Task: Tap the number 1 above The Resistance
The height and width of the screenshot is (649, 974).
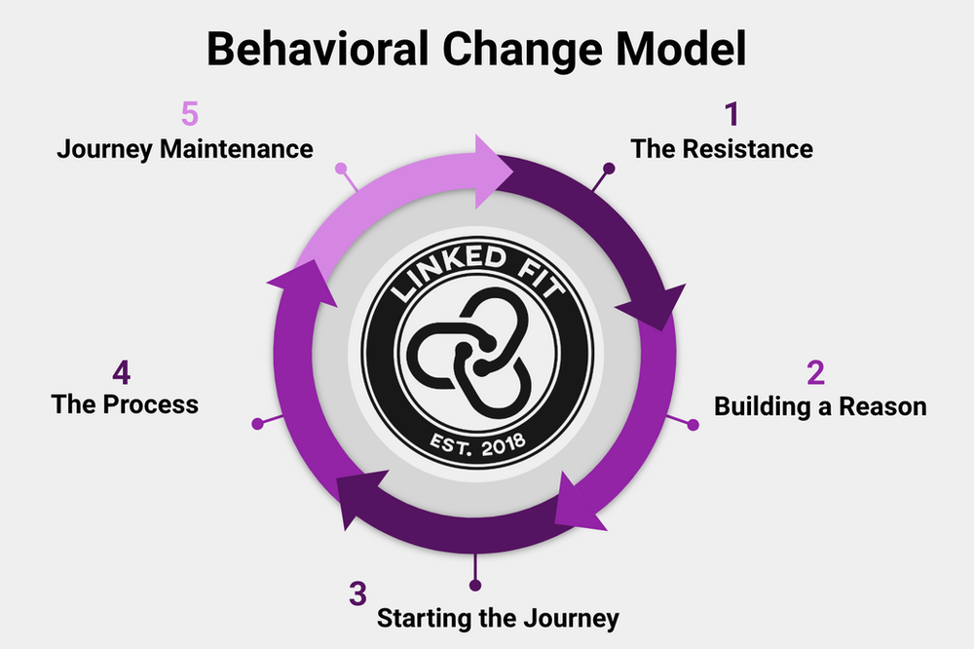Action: point(730,114)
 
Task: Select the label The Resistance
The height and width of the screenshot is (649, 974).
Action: point(722,149)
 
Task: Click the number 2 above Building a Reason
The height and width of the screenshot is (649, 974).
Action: point(815,372)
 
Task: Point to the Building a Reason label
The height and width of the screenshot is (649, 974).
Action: point(820,406)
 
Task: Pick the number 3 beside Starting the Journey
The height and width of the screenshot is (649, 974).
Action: point(357,593)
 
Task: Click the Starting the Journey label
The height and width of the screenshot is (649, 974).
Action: point(498,618)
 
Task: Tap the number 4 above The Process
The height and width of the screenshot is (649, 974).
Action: point(122,372)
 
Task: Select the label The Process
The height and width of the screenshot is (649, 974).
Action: point(125,403)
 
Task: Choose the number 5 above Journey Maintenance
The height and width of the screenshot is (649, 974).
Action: point(189,114)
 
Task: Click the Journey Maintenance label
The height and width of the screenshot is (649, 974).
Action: point(185,149)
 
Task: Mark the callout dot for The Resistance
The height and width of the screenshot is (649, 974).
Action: point(610,169)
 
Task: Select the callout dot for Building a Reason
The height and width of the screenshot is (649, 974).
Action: point(693,424)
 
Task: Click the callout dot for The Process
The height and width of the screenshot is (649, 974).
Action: point(257,424)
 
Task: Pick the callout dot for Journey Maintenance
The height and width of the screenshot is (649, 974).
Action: point(341,169)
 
